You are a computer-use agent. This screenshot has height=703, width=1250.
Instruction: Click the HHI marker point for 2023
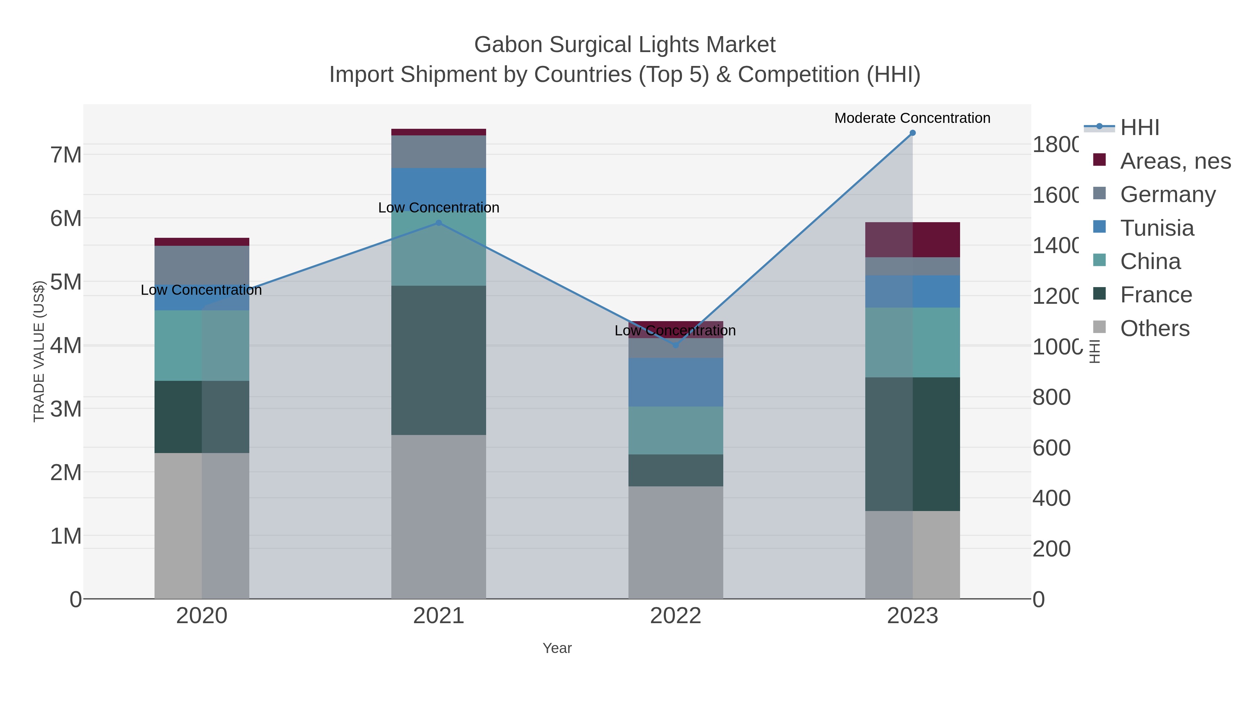(x=912, y=133)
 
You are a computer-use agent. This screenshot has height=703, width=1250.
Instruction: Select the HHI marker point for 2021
(x=439, y=223)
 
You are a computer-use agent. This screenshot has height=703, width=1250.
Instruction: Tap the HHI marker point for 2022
(x=675, y=345)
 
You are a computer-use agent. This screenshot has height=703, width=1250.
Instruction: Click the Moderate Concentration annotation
(x=912, y=118)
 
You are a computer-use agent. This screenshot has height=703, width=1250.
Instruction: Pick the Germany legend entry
(x=1167, y=194)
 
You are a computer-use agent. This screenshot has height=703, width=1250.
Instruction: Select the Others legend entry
(x=1155, y=328)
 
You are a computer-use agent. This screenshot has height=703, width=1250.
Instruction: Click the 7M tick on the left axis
(x=66, y=155)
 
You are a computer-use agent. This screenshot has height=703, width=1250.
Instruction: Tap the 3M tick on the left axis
(x=66, y=409)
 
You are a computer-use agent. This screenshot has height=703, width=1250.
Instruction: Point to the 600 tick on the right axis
(x=1051, y=447)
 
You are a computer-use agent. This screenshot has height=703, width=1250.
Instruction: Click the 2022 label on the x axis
(x=675, y=616)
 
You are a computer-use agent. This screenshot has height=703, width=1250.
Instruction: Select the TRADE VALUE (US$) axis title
(x=39, y=351)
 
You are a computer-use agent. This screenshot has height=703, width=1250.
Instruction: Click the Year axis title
(x=557, y=648)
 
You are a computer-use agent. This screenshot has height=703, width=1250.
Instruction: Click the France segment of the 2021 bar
(x=439, y=360)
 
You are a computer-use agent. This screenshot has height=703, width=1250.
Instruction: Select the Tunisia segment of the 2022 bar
(x=675, y=382)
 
